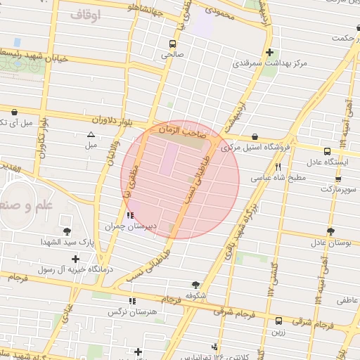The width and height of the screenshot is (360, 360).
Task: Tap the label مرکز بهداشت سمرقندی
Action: pyautogui.click(x=270, y=64)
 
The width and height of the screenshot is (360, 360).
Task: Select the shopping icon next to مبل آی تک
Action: pyautogui.click(x=13, y=110)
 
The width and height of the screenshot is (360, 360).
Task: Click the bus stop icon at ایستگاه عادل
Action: pyautogui.click(x=327, y=150)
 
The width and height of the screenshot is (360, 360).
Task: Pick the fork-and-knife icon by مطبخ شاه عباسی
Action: pyautogui.click(x=278, y=167)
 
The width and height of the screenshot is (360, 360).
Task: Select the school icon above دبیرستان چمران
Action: pyautogui.click(x=129, y=215)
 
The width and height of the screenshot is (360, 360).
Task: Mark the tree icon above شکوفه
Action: pyautogui.click(x=195, y=284)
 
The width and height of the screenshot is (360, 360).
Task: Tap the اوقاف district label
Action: pyautogui.click(x=86, y=14)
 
